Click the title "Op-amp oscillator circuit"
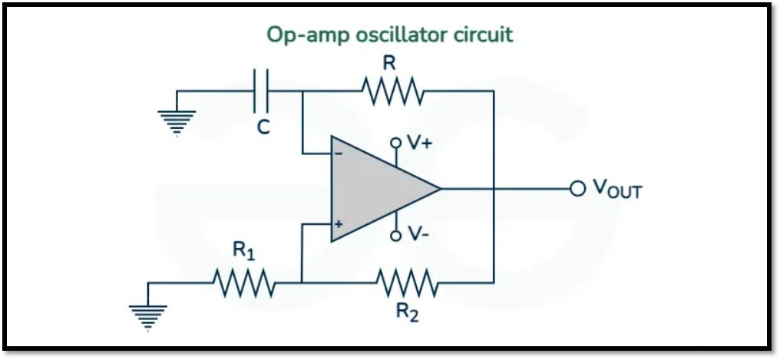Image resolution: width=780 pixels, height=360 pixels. tap(389, 35)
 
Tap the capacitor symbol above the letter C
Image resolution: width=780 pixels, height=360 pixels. tap(262, 91)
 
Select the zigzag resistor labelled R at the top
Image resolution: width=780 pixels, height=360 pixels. tap(392, 91)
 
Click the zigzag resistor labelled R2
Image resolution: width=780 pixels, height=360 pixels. tap(408, 282)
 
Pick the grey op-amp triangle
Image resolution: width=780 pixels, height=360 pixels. tap(376, 189)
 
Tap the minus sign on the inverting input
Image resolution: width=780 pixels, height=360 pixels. tap(339, 152)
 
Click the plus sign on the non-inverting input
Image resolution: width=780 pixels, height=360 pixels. tap(339, 224)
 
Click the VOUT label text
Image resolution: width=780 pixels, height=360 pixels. tap(616, 189)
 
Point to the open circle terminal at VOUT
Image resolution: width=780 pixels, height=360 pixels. tap(576, 188)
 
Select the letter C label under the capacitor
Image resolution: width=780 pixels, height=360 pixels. tap(263, 128)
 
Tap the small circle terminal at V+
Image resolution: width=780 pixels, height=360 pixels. tap(396, 143)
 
